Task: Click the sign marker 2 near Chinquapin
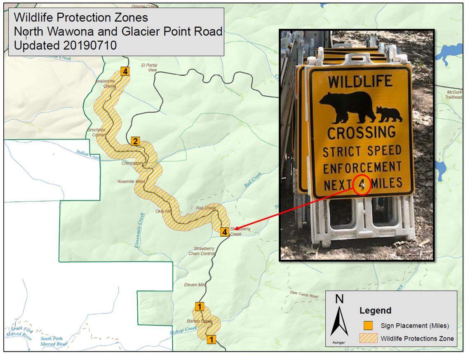[x=135, y=142]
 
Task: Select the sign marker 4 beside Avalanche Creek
[x=125, y=71]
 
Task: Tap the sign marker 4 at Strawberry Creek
[x=224, y=232]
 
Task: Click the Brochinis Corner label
[x=96, y=132]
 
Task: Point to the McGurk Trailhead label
[x=453, y=94]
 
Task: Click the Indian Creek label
[x=88, y=155]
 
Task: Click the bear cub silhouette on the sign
[x=389, y=114]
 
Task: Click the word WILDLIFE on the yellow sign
[x=360, y=81]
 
